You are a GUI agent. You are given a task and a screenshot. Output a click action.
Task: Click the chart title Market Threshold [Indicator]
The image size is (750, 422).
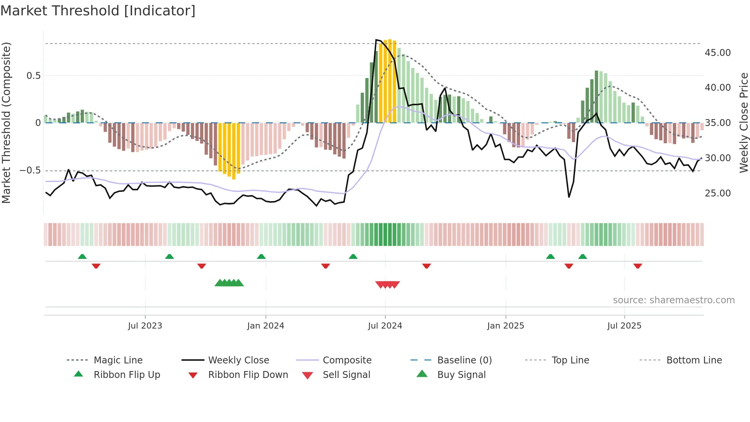pos(98,11)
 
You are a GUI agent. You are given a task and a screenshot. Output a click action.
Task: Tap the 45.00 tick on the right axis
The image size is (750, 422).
pos(717,52)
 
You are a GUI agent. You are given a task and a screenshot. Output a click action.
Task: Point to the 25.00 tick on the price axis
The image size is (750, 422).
pos(717,193)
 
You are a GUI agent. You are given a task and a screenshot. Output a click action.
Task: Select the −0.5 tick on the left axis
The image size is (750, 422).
pos(30,170)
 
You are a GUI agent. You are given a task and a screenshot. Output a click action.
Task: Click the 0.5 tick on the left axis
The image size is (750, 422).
pos(33,75)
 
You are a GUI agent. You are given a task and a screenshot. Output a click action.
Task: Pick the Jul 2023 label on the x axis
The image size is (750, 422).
pos(145,326)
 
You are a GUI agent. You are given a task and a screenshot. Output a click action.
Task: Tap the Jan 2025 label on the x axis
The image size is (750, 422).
pos(505,326)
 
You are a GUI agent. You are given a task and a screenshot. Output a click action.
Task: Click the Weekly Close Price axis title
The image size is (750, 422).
pos(743,123)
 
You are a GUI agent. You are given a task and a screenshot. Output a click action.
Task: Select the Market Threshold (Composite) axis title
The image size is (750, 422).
pos(6,123)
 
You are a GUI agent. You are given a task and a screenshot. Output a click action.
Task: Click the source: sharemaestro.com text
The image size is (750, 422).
pos(673,300)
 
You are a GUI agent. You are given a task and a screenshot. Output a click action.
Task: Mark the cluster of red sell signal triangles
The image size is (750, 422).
pos(387,285)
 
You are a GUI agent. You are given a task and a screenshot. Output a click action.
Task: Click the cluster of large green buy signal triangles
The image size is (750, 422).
pos(229,283)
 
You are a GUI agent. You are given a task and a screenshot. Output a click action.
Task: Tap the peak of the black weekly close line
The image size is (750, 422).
pos(377,40)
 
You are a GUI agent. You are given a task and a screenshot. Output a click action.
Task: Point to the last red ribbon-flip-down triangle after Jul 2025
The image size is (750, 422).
pos(637,266)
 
